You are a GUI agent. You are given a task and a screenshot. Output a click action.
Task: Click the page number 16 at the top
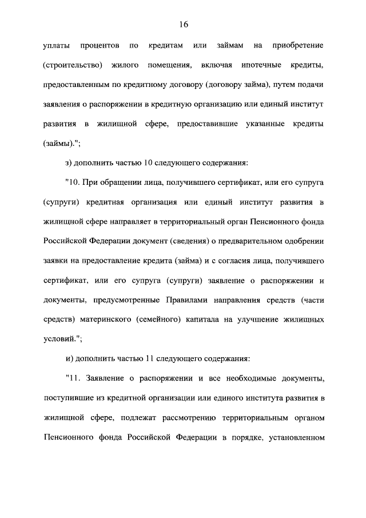[x=183, y=24]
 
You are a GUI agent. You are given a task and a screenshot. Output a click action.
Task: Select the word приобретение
[x=297, y=45]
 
